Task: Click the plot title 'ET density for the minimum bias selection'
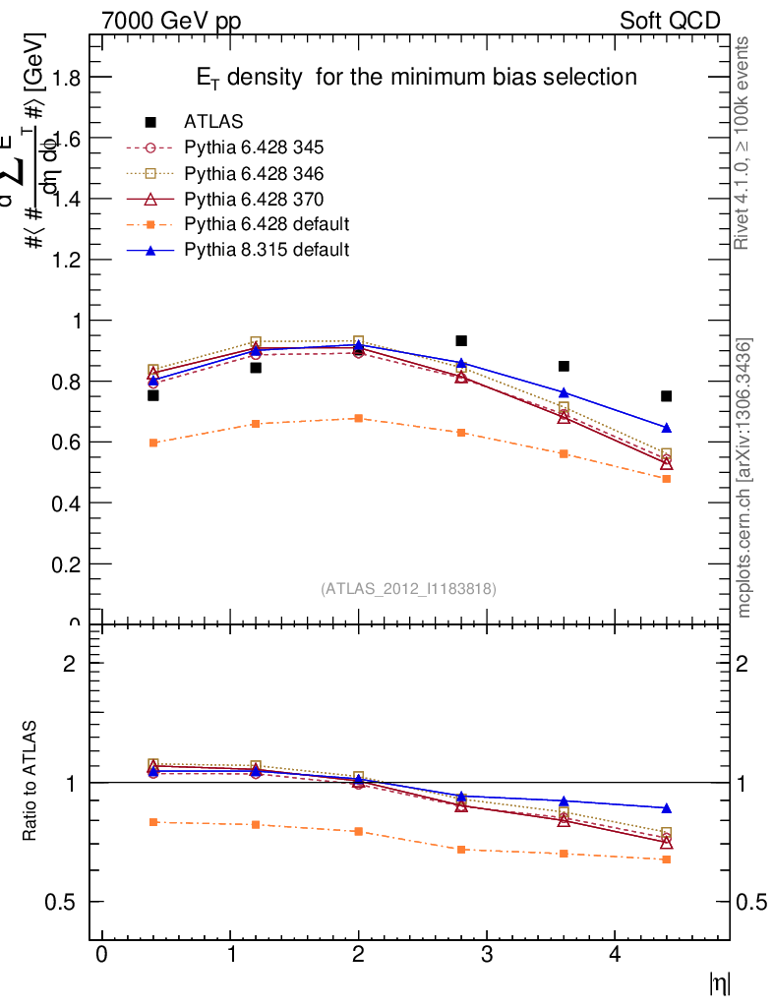[x=413, y=77]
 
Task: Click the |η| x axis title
[x=720, y=983]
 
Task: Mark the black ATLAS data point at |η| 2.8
[x=461, y=341]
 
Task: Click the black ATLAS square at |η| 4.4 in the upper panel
[x=667, y=396]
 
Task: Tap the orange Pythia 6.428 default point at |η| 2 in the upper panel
[x=358, y=418]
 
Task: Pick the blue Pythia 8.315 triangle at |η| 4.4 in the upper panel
[x=667, y=428]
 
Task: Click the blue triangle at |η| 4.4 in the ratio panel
[x=667, y=808]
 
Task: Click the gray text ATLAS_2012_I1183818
[x=408, y=589]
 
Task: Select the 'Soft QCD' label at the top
[x=670, y=21]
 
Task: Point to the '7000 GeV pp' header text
[x=171, y=21]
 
